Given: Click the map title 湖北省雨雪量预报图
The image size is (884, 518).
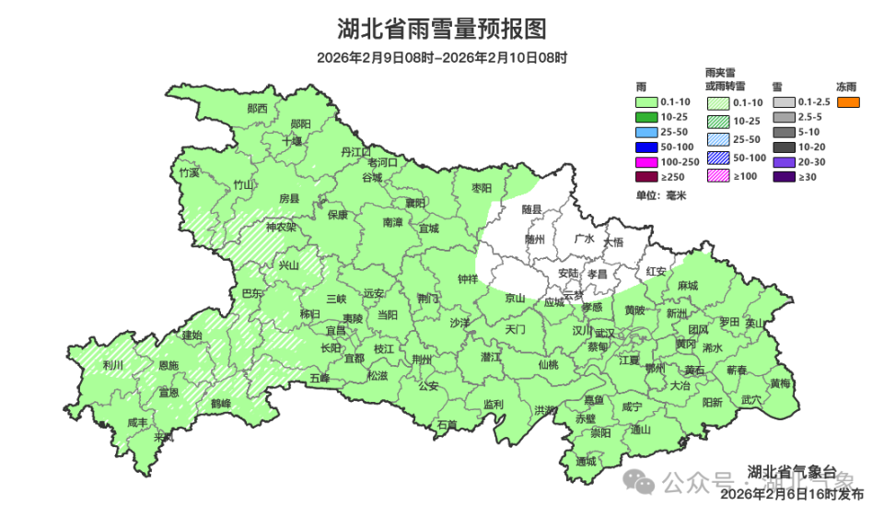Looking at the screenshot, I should pos(441,29).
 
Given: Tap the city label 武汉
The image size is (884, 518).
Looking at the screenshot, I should pos(604,333).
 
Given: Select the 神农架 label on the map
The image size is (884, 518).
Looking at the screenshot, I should pos(281,227).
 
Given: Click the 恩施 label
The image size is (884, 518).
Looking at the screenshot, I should pos(169,366).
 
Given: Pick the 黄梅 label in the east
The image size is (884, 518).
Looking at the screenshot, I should pos(780,383).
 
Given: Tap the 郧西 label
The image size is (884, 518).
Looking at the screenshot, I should pos(258,109).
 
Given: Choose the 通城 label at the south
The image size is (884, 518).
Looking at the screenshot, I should pos(586,461).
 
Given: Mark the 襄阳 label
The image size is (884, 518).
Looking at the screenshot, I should pos(416,203).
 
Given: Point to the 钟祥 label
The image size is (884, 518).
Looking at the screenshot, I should pos(468,278).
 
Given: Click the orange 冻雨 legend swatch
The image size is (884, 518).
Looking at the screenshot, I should pos(848,101).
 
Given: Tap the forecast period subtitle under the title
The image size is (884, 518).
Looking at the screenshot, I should pos(441,57).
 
